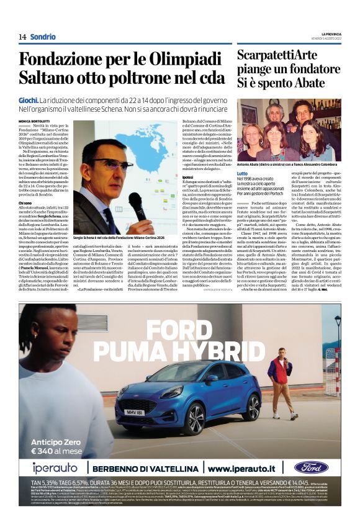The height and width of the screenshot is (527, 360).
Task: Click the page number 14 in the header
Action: pyautogui.click(x=22, y=37)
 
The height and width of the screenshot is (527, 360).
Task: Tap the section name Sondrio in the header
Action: pyautogui.click(x=43, y=37)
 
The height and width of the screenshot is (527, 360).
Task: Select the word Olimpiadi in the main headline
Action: pyautogui.click(x=160, y=60)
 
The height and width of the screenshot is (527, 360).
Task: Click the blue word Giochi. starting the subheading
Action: pyautogui.click(x=28, y=99)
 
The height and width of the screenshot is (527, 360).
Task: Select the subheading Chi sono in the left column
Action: pyautogui.click(x=25, y=202)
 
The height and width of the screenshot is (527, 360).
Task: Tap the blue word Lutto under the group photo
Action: pyautogui.click(x=242, y=173)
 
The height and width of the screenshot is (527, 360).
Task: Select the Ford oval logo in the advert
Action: pyautogui.click(x=311, y=467)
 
